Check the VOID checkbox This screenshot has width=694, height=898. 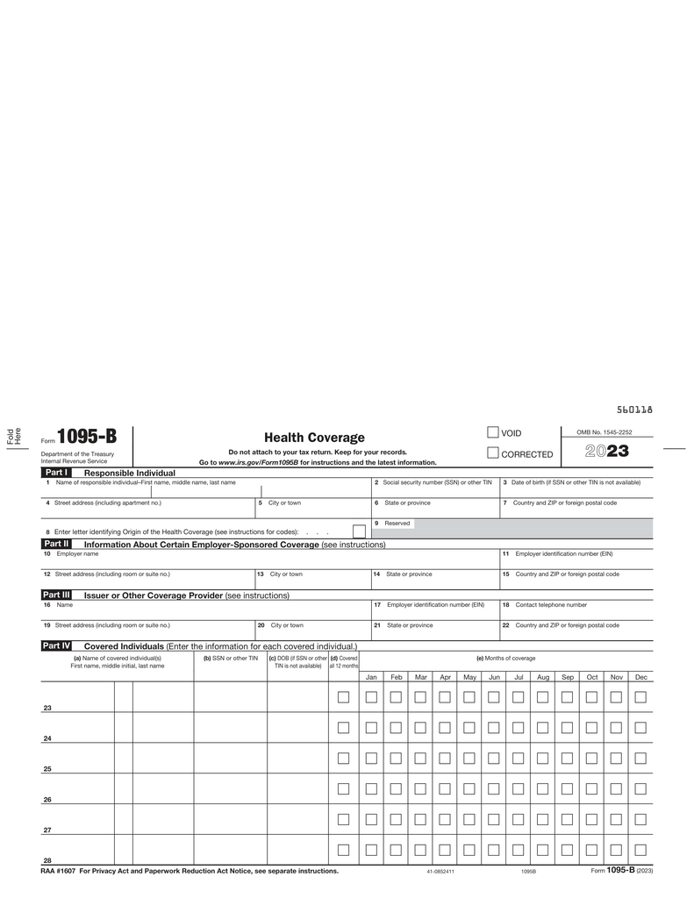click(x=493, y=431)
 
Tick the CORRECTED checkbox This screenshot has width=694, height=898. click(x=493, y=453)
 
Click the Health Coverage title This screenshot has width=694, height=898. click(x=314, y=438)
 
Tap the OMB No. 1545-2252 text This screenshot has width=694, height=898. click(x=604, y=432)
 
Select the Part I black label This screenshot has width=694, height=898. click(x=56, y=473)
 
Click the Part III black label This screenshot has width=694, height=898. click(x=56, y=595)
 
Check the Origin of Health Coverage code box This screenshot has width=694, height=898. click(x=359, y=531)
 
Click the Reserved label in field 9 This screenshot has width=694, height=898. click(x=397, y=524)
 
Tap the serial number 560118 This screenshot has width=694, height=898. click(x=634, y=410)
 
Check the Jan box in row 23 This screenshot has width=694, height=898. click(x=371, y=697)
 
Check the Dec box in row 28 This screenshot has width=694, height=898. click(x=640, y=850)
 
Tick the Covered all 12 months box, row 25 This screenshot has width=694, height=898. click(x=343, y=759)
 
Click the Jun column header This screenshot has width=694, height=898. click(x=494, y=677)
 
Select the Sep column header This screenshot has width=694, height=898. click(x=568, y=677)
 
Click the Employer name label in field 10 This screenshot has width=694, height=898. click(x=77, y=554)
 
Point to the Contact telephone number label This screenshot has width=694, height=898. click(x=551, y=605)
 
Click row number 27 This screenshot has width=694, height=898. click(x=47, y=830)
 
